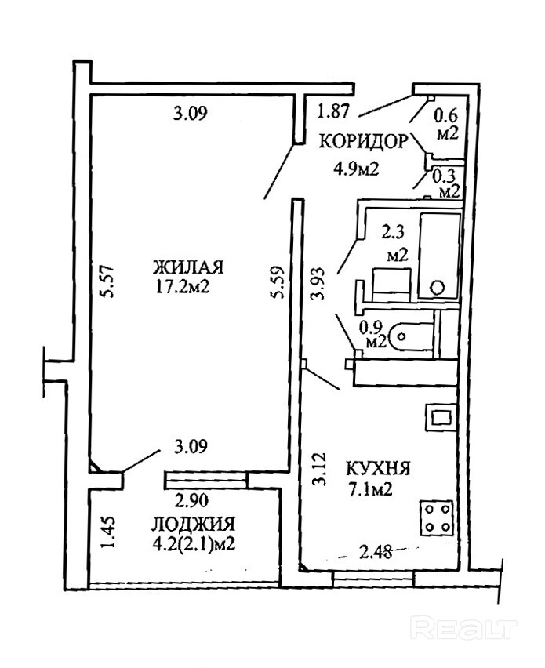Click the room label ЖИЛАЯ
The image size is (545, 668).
coord(188,267)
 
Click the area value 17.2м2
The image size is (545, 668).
coord(183,287)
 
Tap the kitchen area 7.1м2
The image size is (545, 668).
coord(372,491)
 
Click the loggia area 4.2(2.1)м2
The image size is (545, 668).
coord(192,543)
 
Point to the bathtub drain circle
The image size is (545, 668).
coord(439,285)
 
